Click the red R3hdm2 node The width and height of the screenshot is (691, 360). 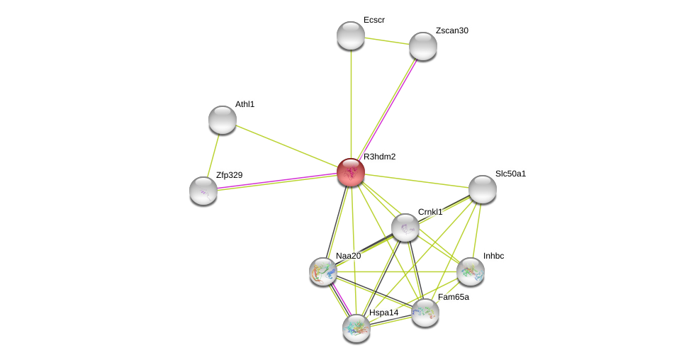[351, 172]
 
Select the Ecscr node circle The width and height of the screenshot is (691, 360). [351, 35]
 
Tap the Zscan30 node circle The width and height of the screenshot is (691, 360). [423, 46]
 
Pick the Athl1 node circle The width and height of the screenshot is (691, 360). [223, 120]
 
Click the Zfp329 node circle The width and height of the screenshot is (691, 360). [203, 191]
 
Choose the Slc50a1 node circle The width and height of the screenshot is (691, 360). [483, 189]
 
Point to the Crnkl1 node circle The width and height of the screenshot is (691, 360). [405, 227]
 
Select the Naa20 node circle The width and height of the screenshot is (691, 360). [323, 271]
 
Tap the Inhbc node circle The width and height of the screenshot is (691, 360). [471, 271]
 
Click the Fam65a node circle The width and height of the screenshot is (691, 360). [425, 313]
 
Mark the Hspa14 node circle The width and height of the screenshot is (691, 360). [356, 328]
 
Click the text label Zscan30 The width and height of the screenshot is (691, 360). [451, 30]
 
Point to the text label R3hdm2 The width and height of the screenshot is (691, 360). [379, 157]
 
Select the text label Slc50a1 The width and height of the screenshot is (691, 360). [510, 174]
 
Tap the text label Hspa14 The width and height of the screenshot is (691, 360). [383, 313]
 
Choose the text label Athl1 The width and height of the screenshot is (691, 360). [245, 104]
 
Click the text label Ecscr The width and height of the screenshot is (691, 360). [373, 20]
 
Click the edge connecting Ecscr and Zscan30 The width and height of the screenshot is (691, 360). [387, 40]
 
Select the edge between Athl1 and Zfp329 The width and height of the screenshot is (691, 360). [213, 154]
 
